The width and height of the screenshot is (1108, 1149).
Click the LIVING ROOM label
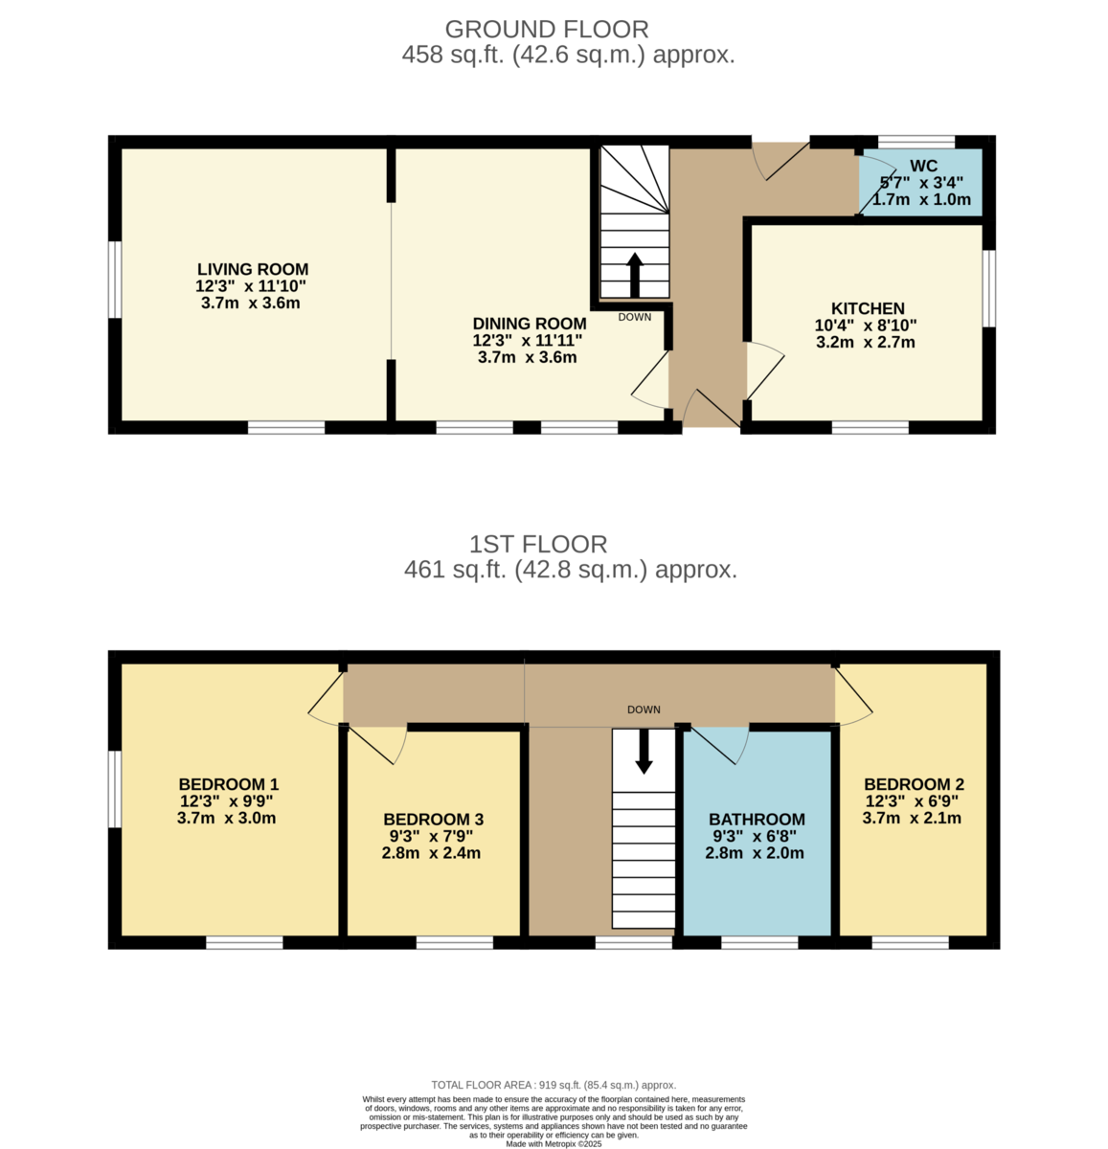(253, 270)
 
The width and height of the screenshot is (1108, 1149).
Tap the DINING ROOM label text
(529, 324)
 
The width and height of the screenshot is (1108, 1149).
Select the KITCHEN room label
(867, 308)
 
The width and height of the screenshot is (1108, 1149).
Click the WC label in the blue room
(923, 167)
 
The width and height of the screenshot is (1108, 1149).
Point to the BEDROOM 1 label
(228, 784)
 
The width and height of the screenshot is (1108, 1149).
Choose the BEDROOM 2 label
(913, 783)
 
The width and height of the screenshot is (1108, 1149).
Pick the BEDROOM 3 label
(433, 820)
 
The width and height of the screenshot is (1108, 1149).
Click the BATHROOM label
(756, 820)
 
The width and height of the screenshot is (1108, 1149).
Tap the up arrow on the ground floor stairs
(634, 276)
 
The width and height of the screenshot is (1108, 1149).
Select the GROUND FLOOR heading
(547, 30)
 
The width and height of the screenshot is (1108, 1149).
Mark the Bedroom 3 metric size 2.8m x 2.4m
(431, 853)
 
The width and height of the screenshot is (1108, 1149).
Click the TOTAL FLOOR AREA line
(554, 1085)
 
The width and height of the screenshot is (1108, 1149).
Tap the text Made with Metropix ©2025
(554, 1143)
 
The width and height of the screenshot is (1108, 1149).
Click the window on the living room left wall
(114, 279)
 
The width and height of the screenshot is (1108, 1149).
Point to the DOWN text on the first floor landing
(644, 710)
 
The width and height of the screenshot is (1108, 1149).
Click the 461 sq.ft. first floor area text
(571, 571)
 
